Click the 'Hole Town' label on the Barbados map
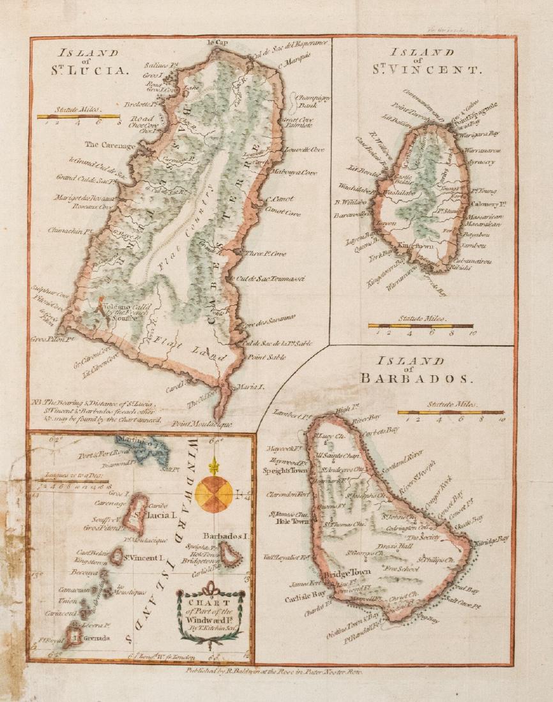291,521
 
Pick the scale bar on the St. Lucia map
78,117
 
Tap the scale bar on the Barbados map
450,412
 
